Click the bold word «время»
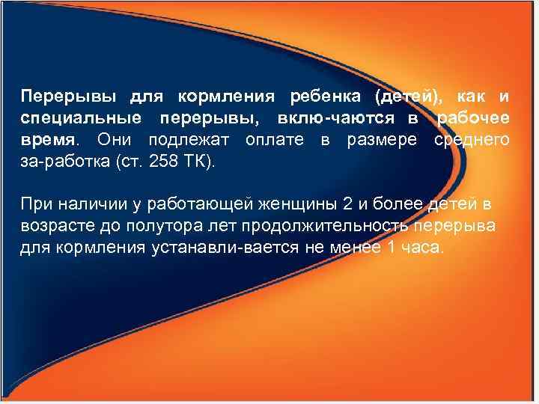coord(47,139)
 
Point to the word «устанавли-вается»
coord(211,248)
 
